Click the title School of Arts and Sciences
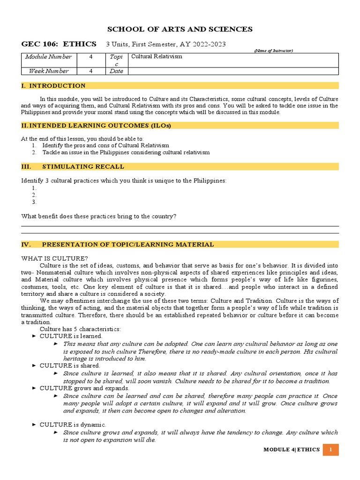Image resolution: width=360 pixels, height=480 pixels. (x=180, y=30)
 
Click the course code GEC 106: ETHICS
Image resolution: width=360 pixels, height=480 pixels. (x=59, y=44)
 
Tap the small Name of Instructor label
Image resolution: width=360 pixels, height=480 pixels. (x=273, y=51)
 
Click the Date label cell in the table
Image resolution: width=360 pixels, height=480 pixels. (x=116, y=71)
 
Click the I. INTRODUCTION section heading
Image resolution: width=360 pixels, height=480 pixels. (x=53, y=86)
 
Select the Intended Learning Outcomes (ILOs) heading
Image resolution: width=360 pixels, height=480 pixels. (x=96, y=126)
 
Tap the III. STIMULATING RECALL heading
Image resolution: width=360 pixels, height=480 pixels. (x=73, y=166)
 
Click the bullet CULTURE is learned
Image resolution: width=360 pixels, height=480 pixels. (x=71, y=336)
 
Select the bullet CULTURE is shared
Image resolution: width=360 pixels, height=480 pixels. (x=70, y=365)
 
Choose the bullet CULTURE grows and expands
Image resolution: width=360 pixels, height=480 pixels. (x=84, y=388)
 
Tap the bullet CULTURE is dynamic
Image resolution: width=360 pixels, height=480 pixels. (x=73, y=425)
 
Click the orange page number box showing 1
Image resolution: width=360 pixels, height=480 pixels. (x=331, y=450)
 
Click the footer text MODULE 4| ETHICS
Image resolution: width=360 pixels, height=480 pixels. (x=292, y=450)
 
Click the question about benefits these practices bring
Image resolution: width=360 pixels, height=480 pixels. (x=99, y=216)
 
